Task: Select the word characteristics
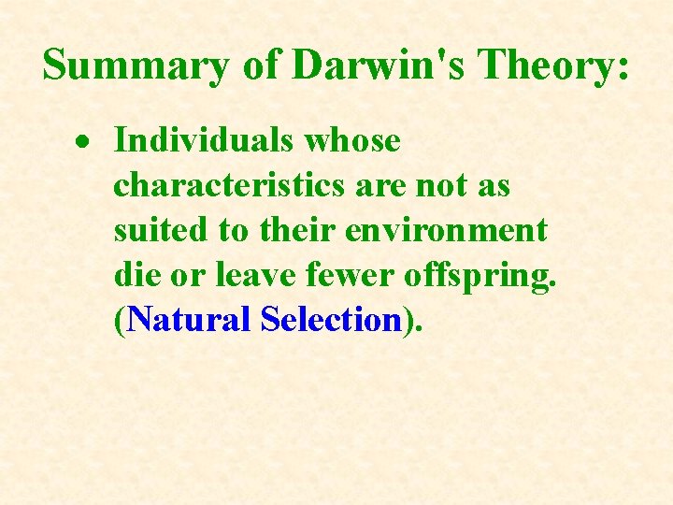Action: [230, 186]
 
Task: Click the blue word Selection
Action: [332, 320]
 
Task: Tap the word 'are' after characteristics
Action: [381, 186]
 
